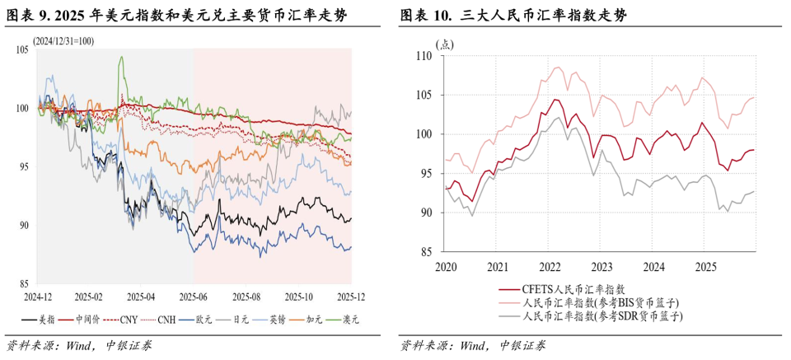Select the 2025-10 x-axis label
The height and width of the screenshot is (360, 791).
pos(298,294)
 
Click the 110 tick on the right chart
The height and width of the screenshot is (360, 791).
pos(424,56)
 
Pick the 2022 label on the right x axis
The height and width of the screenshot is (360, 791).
pos(550,267)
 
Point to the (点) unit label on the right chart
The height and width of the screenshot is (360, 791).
pos(444,44)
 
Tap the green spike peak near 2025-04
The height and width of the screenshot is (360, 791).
pos(121,58)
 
